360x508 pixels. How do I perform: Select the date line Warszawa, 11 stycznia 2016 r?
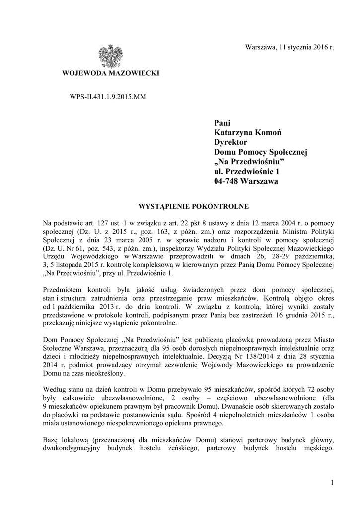(290, 47)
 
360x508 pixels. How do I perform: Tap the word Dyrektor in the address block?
(230, 142)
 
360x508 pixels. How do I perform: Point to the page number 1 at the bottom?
(331, 482)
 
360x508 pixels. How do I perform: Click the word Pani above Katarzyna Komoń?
(222, 123)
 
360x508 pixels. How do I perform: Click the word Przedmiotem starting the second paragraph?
(62, 289)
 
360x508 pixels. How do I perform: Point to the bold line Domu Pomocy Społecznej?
(260, 152)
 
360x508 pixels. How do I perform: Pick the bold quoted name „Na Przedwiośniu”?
(248, 162)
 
